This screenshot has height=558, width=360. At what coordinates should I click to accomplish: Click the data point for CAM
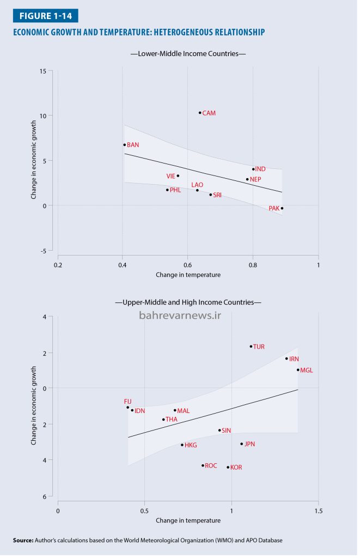[x=200, y=113]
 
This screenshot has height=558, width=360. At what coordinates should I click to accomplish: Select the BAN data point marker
[x=124, y=145]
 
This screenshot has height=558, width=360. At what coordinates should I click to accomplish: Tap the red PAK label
[x=274, y=208]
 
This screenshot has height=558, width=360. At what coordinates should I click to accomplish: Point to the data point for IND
[x=253, y=169]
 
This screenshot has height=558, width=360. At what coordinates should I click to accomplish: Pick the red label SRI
[x=217, y=195]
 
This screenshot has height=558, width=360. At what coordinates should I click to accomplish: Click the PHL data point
[x=167, y=190]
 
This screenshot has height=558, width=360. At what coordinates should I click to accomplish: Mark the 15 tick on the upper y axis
[x=42, y=71]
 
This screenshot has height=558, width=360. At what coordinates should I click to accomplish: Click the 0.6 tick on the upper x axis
[x=187, y=265]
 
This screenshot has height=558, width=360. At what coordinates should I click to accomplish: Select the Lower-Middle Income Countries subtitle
[x=188, y=54]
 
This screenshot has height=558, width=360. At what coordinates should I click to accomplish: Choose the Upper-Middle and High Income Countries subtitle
[x=188, y=302]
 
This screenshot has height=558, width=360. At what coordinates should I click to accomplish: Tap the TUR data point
[x=251, y=347]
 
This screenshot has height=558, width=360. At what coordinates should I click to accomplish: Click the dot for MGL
[x=298, y=370]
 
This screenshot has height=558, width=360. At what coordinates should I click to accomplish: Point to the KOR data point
[x=228, y=467]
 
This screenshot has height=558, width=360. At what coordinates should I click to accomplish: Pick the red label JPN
[x=249, y=444]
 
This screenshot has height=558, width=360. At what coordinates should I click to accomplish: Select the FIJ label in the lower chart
[x=127, y=402]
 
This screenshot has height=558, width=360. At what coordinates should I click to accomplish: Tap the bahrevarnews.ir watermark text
[x=180, y=316]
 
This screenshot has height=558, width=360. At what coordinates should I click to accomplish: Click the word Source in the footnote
[x=23, y=540]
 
